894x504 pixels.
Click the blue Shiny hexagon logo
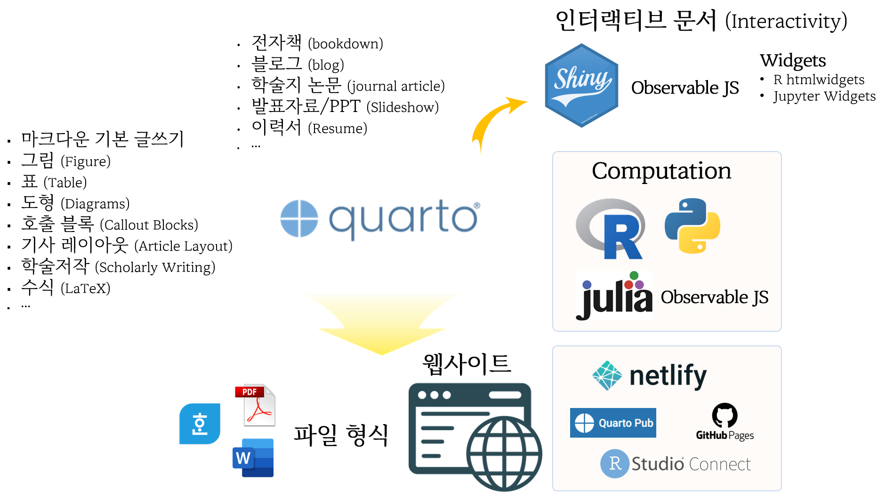coord(581,85)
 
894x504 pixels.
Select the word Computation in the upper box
coord(661,171)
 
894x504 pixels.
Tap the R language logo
coord(611,229)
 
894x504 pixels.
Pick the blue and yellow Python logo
coord(692,226)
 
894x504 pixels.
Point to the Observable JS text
coord(714,297)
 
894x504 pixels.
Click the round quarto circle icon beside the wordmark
coord(299,219)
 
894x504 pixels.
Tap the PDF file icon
coord(256,405)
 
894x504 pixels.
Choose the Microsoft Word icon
coord(253,458)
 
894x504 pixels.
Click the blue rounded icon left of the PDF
coord(200,424)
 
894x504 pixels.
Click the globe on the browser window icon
coord(504,453)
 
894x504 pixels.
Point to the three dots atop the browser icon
coord(434,395)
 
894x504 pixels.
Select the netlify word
coord(668,376)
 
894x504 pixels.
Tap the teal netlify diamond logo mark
coord(607,376)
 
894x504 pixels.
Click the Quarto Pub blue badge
coord(613,423)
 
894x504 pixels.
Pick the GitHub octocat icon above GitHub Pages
coord(725,415)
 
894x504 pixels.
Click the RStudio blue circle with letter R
coord(614,464)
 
